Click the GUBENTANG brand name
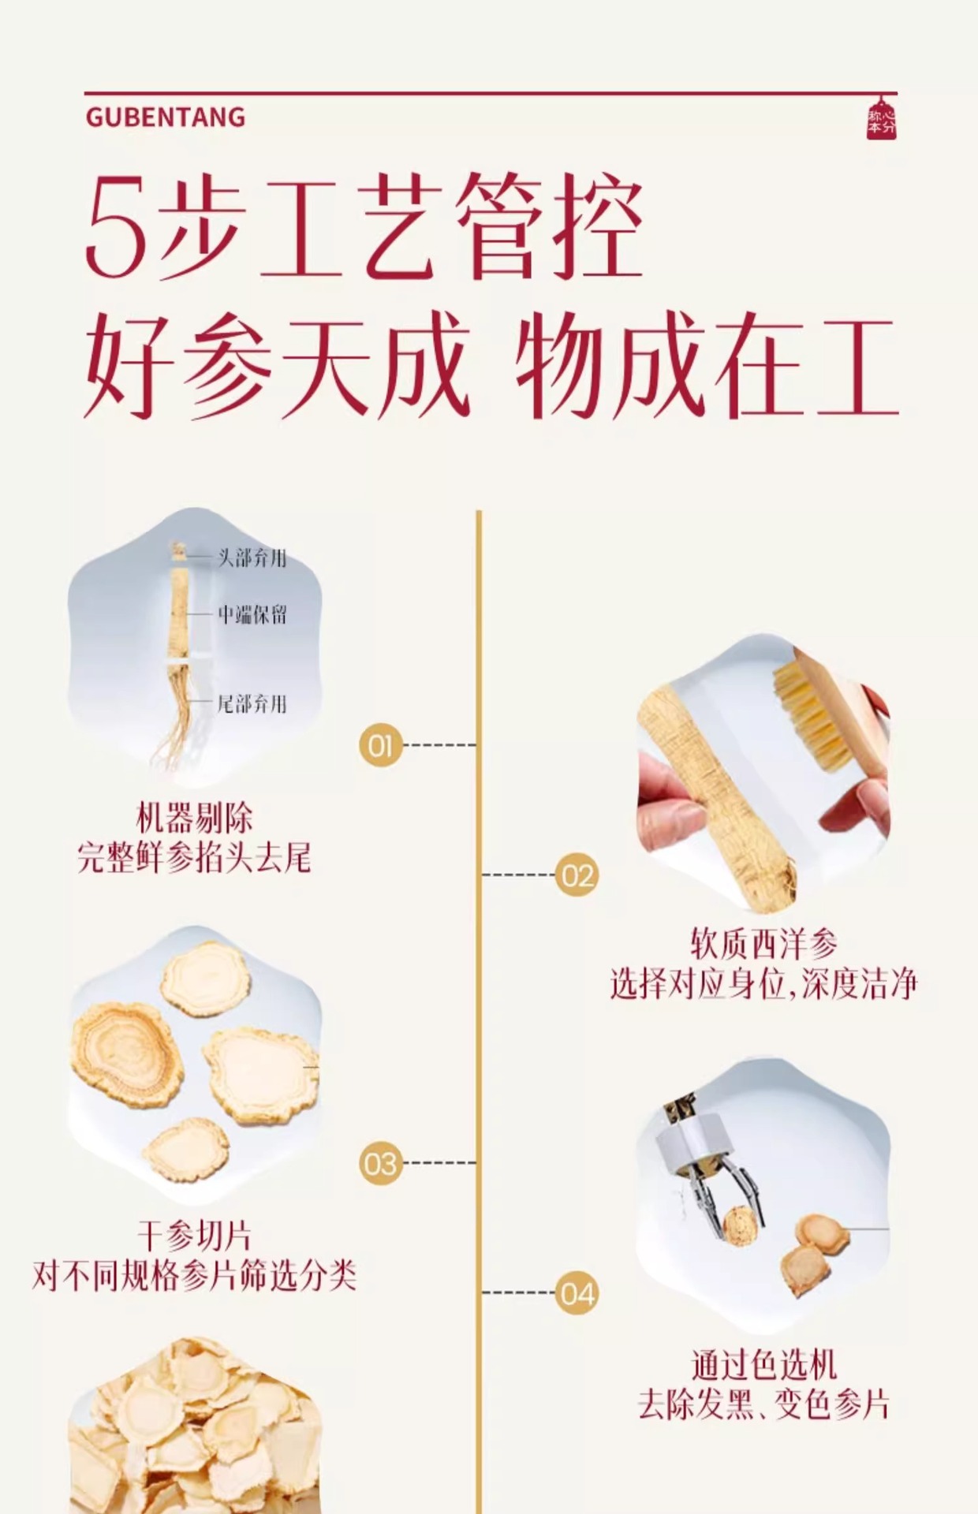pyautogui.click(x=166, y=117)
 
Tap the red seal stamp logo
pyautogui.click(x=881, y=119)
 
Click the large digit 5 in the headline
pyautogui.click(x=117, y=229)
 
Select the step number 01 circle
pyautogui.click(x=380, y=745)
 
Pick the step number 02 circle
pyautogui.click(x=577, y=875)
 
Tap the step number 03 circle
pyautogui.click(x=380, y=1163)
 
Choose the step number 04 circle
pyautogui.click(x=577, y=1293)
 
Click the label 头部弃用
pyautogui.click(x=252, y=558)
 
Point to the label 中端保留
pyautogui.click(x=252, y=614)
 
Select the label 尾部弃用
pyautogui.click(x=252, y=703)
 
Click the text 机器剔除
pyautogui.click(x=195, y=818)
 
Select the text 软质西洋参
pyautogui.click(x=763, y=943)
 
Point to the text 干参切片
pyautogui.click(x=194, y=1236)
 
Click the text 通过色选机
pyautogui.click(x=763, y=1366)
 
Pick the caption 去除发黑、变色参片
pyautogui.click(x=763, y=1406)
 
